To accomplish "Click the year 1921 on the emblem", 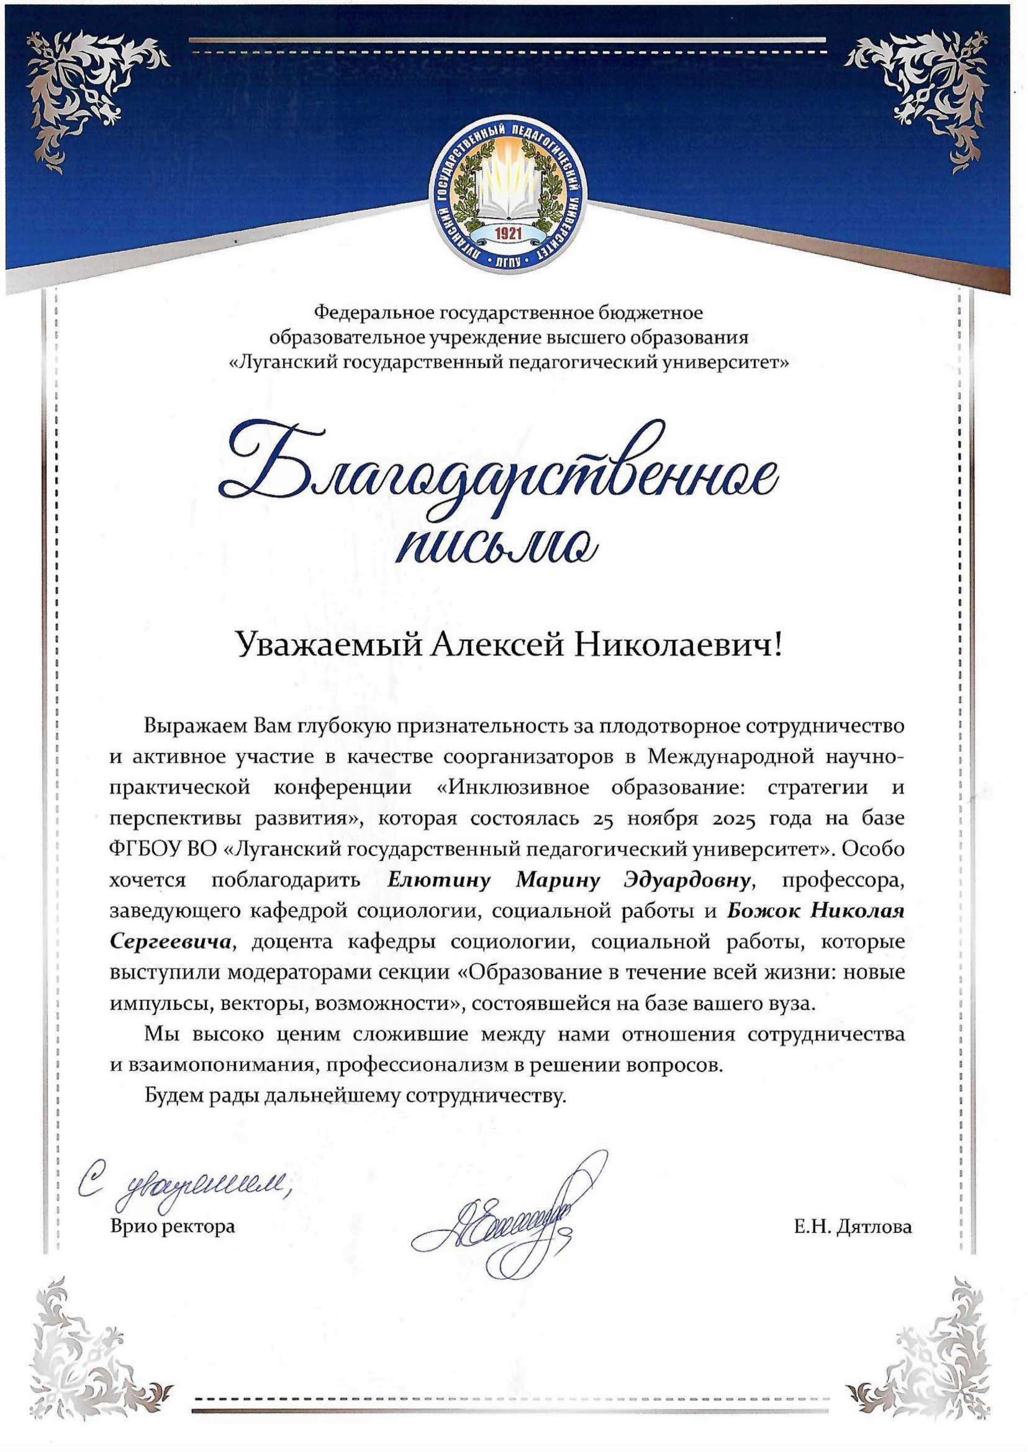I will coord(508,232).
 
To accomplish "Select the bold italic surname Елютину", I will coord(439,880).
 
